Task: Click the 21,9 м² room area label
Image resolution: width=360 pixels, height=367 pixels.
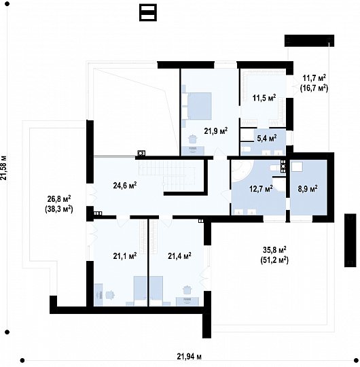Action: [x=216, y=131]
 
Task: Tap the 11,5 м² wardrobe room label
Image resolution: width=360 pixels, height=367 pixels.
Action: [x=264, y=97]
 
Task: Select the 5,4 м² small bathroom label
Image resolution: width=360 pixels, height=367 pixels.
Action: [x=267, y=138]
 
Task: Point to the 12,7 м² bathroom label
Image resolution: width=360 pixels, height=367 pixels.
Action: [x=261, y=188]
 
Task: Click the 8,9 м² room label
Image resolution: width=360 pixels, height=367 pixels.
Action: [x=308, y=188]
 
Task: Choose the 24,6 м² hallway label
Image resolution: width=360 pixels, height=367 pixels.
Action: [x=125, y=186]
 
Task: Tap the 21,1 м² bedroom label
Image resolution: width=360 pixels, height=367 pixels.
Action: [x=125, y=256]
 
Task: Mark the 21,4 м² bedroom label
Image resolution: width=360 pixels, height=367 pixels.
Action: [x=179, y=256]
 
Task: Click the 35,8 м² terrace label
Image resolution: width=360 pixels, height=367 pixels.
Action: [x=274, y=249]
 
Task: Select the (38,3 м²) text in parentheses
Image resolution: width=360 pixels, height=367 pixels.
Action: [x=59, y=209]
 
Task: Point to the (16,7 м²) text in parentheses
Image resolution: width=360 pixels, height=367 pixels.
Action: [x=314, y=88]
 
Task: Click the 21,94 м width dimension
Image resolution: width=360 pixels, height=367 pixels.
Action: [x=189, y=357]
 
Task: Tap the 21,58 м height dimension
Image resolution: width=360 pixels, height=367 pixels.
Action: [x=4, y=167]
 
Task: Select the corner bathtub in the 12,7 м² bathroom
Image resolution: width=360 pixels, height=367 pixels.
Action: [x=241, y=171]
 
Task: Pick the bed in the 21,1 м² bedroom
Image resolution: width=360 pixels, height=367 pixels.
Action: [x=141, y=291]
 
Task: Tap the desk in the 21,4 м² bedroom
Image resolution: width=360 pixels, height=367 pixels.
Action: [x=187, y=302]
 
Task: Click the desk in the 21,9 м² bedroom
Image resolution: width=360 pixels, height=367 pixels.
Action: [x=193, y=150]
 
